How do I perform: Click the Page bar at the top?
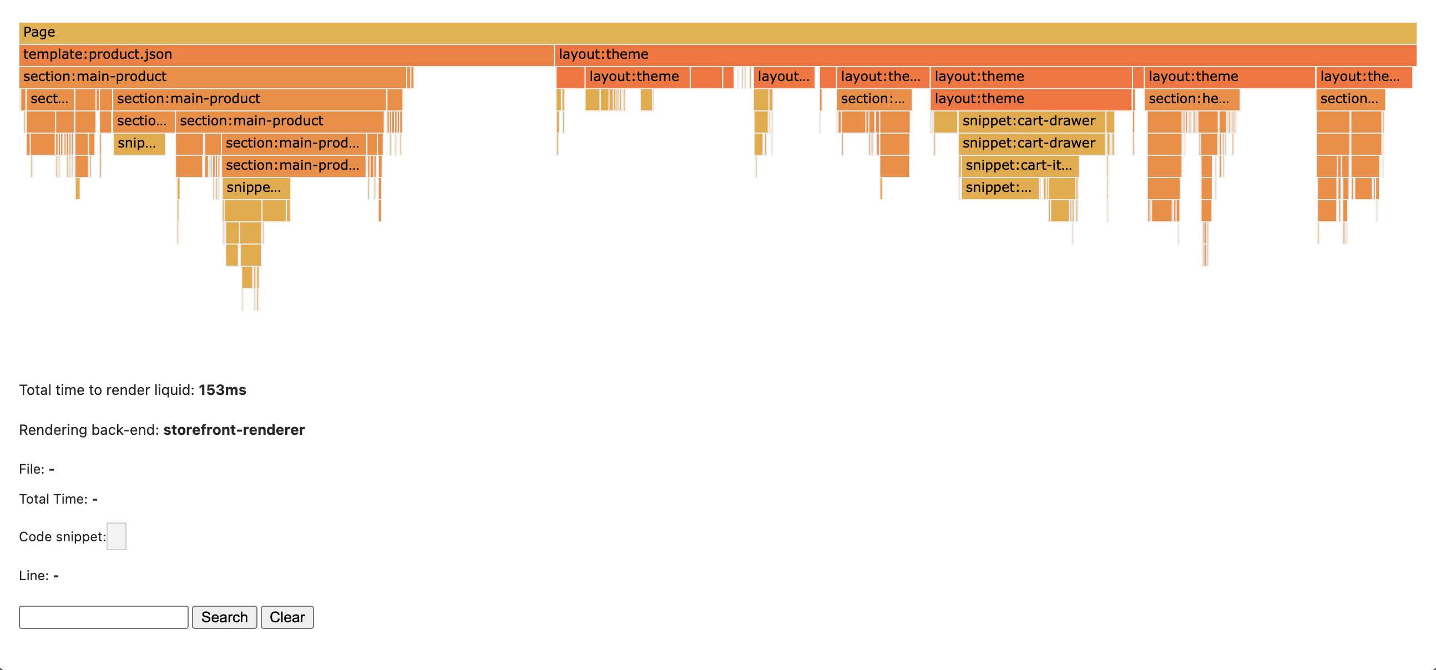pyautogui.click(x=717, y=32)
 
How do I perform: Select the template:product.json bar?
pyautogui.click(x=286, y=54)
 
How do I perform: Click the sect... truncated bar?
pyautogui.click(x=49, y=99)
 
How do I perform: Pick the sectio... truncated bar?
pyautogui.click(x=143, y=121)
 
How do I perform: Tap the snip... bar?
pyautogui.click(x=139, y=143)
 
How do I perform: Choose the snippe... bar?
pyautogui.click(x=256, y=188)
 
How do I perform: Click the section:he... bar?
pyautogui.click(x=1191, y=99)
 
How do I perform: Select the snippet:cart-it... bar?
pyautogui.click(x=1020, y=165)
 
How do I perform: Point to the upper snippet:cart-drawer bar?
pyautogui.click(x=1031, y=121)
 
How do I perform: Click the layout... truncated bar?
pyautogui.click(x=783, y=77)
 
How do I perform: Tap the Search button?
pyautogui.click(x=224, y=617)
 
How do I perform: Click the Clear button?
pyautogui.click(x=287, y=617)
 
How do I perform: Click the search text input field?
pyautogui.click(x=104, y=617)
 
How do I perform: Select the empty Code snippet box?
pyautogui.click(x=116, y=536)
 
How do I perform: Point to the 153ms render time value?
pyautogui.click(x=223, y=390)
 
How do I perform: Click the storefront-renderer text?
pyautogui.click(x=234, y=430)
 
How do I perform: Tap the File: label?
pyautogui.click(x=31, y=469)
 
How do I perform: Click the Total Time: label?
pyautogui.click(x=53, y=499)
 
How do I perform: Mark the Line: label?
pyautogui.click(x=33, y=576)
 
